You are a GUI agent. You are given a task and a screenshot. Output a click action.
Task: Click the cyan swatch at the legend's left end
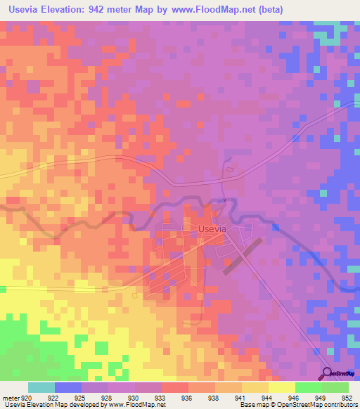(41, 387)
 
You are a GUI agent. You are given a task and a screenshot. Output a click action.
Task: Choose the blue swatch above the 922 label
(68, 387)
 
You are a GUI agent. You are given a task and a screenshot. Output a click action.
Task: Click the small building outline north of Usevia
(229, 169)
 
